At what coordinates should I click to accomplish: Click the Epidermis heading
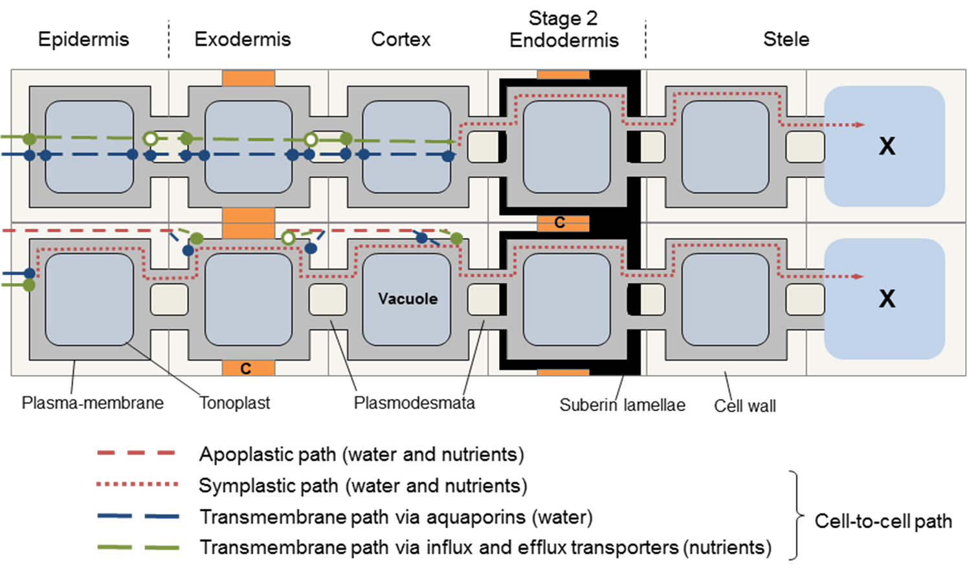[83, 39]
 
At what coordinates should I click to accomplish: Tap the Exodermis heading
[243, 39]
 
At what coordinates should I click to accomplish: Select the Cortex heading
[401, 39]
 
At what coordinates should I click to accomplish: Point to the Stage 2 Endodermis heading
[564, 30]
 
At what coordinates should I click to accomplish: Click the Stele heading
[786, 39]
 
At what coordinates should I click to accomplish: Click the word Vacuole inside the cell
[408, 298]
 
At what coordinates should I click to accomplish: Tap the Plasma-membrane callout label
[93, 403]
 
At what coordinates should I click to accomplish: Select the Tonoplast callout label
[234, 403]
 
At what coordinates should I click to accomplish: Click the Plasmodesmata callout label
[414, 403]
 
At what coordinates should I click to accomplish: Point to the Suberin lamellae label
[622, 405]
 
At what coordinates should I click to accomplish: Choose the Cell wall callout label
[744, 406]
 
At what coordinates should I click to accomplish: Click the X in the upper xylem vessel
[887, 146]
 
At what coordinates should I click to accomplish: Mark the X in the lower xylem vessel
[887, 298]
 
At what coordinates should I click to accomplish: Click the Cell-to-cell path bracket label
[883, 521]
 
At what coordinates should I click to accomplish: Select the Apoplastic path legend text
[361, 454]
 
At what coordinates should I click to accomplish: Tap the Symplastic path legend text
[362, 486]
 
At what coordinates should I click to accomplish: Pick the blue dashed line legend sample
[137, 517]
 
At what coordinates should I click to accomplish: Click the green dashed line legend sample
[137, 548]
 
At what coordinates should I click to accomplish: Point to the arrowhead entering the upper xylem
[859, 124]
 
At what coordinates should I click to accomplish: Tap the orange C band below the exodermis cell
[248, 368]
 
